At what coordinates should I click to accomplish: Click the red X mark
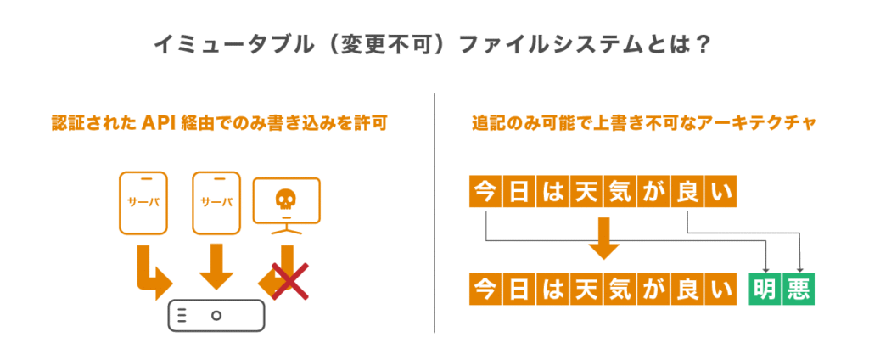[x=289, y=280]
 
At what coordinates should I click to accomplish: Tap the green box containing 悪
[x=799, y=289]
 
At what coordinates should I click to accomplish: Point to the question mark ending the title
[x=701, y=45]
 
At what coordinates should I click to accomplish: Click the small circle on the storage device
[x=216, y=314]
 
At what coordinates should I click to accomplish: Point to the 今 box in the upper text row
[x=484, y=193]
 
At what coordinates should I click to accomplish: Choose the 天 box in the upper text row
[x=585, y=193]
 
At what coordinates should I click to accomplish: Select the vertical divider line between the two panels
[x=434, y=212]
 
